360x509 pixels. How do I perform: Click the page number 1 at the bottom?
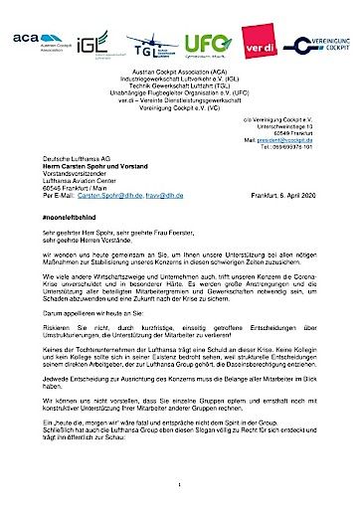tap(180, 484)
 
